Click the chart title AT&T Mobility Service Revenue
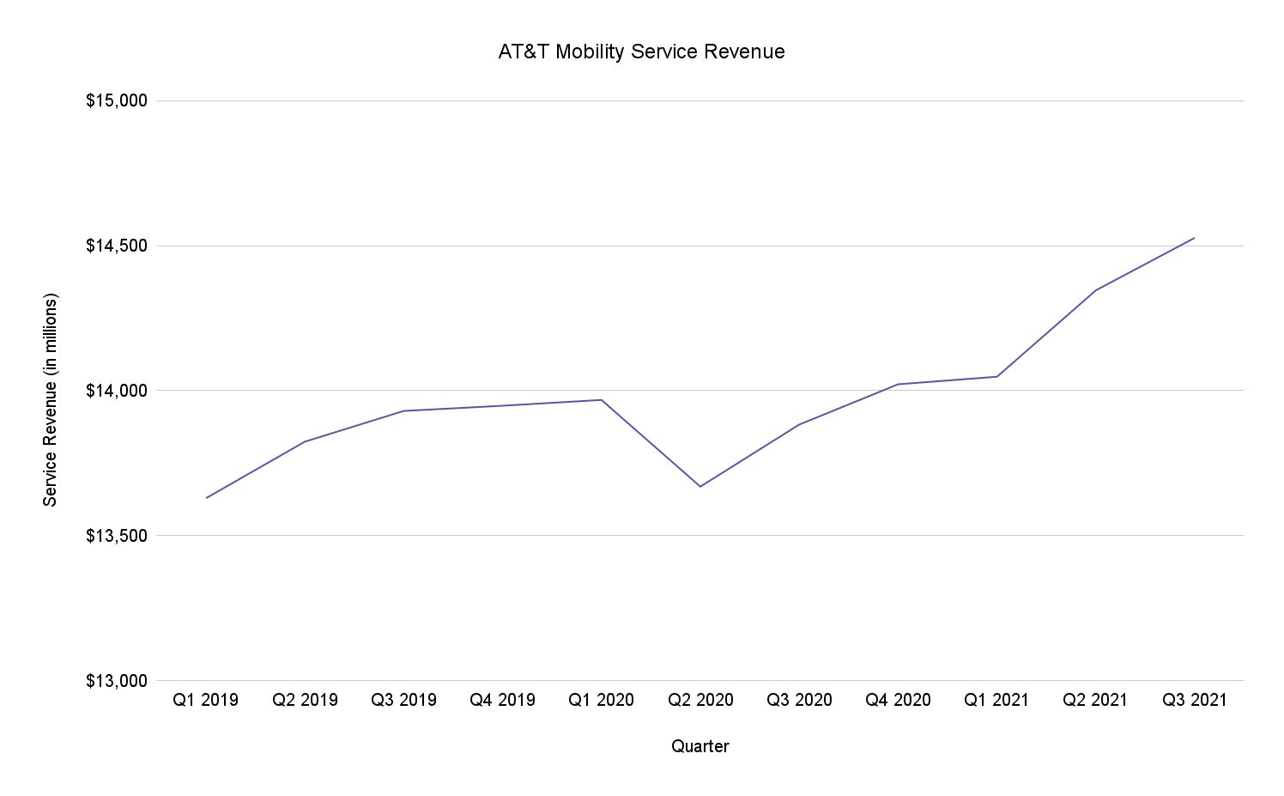point(641,52)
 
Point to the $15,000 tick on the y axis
point(117,100)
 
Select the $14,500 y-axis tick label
point(117,246)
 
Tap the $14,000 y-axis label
point(117,391)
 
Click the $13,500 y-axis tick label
point(117,536)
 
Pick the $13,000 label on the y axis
point(117,681)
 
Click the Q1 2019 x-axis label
point(206,700)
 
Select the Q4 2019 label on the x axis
point(502,700)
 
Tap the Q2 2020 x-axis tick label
point(700,700)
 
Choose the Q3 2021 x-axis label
point(1195,700)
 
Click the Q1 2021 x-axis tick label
point(996,700)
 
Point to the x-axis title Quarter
point(700,746)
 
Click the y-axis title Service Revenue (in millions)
point(51,400)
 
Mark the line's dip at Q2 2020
point(700,487)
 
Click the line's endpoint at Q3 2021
point(1195,238)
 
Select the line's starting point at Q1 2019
point(206,498)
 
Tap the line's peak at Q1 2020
point(602,399)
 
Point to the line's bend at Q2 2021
point(1095,290)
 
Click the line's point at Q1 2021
point(996,376)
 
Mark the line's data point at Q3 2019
point(403,410)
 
